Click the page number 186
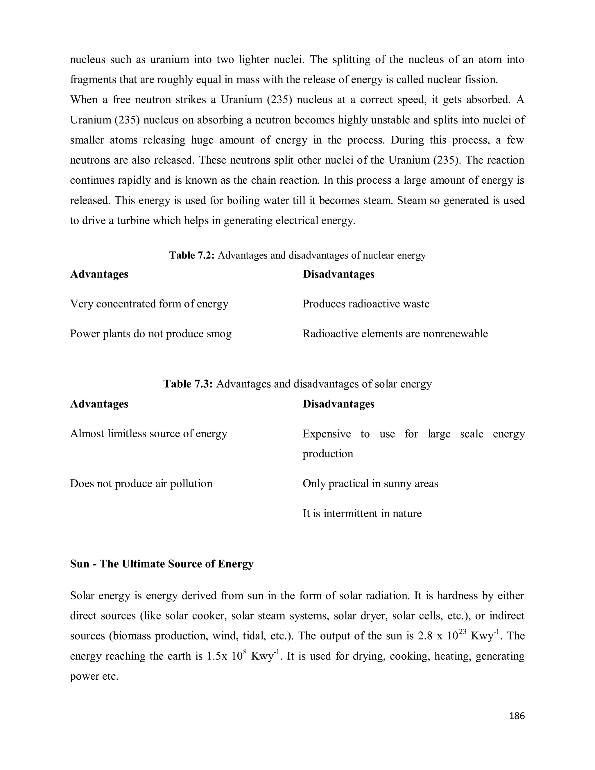[517, 716]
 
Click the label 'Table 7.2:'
[192, 255]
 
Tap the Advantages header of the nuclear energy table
[99, 274]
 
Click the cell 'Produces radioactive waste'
[366, 304]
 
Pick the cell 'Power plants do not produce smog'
[150, 334]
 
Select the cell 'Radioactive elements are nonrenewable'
[395, 334]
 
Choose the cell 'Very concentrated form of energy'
[149, 304]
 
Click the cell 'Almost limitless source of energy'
[148, 434]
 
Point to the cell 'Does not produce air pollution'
[141, 484]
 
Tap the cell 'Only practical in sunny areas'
[370, 484]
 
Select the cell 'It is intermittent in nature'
[362, 513]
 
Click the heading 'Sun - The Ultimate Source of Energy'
[162, 564]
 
